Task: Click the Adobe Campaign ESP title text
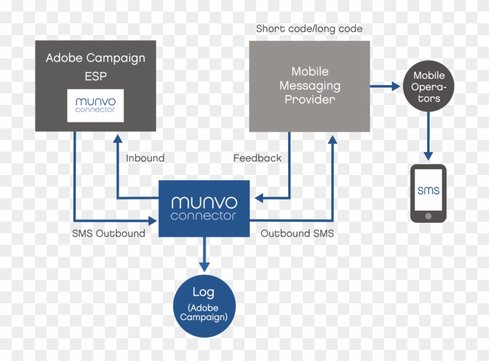95,66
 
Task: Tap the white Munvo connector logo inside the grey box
95,105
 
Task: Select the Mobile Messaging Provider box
310,86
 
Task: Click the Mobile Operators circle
429,87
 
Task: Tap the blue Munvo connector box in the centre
204,208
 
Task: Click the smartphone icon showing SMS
428,193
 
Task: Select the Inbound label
145,158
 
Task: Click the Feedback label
257,158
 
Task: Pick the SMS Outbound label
109,233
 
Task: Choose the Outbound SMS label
297,233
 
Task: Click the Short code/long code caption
309,29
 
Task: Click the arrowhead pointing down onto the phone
429,156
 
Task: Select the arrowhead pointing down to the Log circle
204,266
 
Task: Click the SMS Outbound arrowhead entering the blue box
154,220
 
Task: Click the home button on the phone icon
428,216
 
